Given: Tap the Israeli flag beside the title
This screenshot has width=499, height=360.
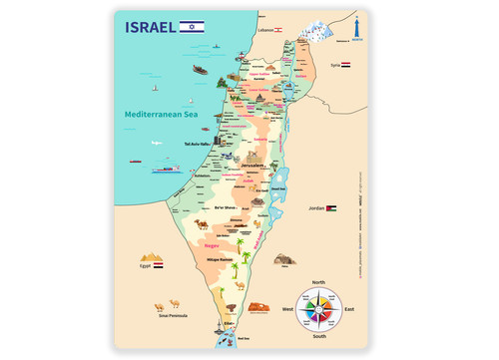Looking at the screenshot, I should coord(193,25).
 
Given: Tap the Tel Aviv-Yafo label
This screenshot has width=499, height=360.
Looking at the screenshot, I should coord(201,144).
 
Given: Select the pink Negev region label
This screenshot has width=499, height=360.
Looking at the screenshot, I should coord(212,244).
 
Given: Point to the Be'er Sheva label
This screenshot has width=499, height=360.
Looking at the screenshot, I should coord(227,207).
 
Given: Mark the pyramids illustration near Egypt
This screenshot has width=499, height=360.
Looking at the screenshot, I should coord(152,256).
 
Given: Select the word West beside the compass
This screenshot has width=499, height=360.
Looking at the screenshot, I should coord(286,310).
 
